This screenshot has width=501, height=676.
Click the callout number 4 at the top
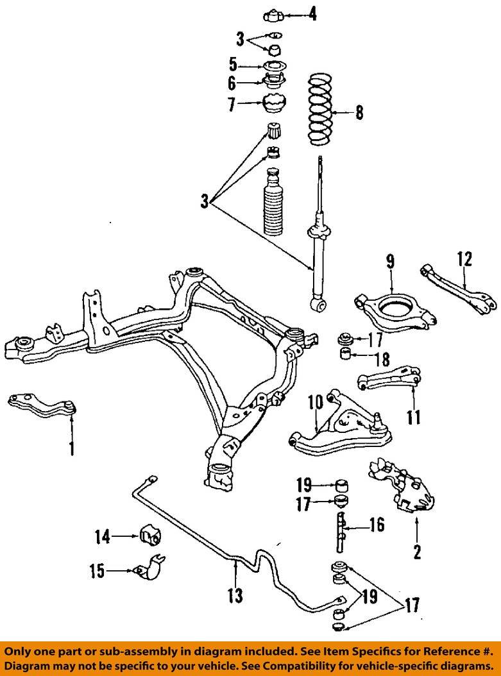pyautogui.click(x=312, y=13)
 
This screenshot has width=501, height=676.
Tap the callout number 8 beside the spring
pyautogui.click(x=359, y=114)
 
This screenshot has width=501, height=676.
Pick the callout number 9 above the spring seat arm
pyautogui.click(x=390, y=262)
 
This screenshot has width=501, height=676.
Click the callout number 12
pyautogui.click(x=464, y=259)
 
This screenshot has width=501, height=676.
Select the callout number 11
pyautogui.click(x=414, y=418)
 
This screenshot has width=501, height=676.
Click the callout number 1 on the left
pyautogui.click(x=71, y=447)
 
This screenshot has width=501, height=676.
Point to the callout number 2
pyautogui.click(x=417, y=552)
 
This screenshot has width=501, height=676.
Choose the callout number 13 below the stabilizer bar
pyautogui.click(x=235, y=596)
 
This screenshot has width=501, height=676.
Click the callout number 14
pyautogui.click(x=101, y=536)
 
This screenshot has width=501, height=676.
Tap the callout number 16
pyautogui.click(x=377, y=526)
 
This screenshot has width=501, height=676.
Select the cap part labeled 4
pyautogui.click(x=273, y=13)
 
